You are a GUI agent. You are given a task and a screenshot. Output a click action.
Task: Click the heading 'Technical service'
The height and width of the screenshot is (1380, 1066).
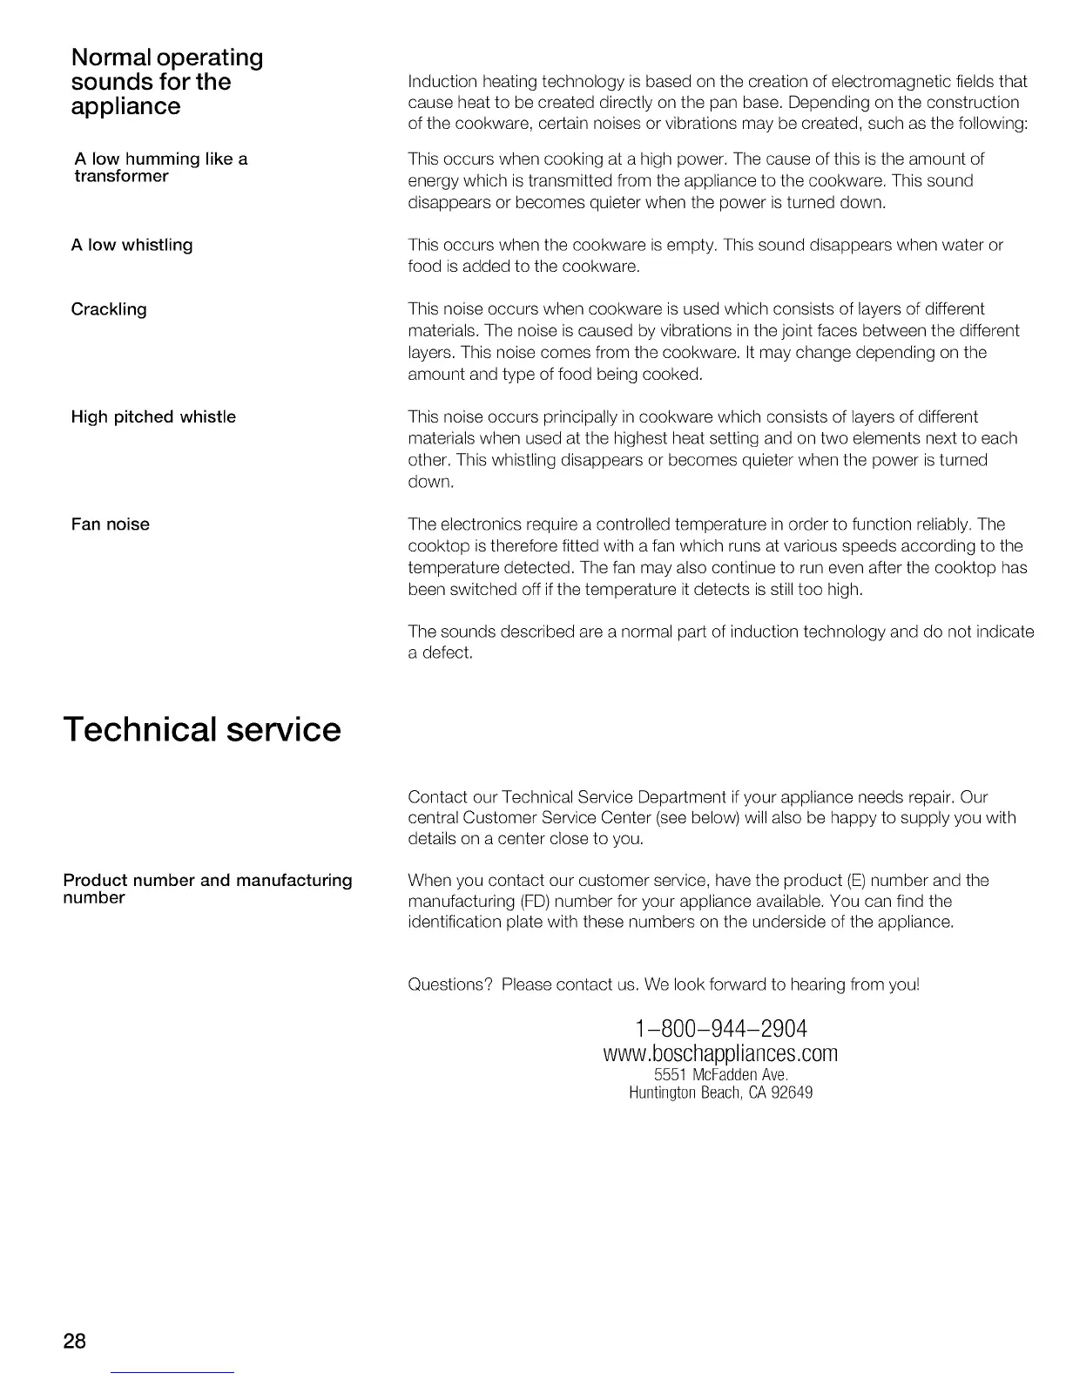pyautogui.click(x=202, y=729)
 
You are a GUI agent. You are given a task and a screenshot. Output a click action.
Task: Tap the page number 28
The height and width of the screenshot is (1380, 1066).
pyautogui.click(x=75, y=1340)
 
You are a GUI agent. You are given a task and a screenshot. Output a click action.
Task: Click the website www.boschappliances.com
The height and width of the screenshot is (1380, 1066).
pyautogui.click(x=720, y=1053)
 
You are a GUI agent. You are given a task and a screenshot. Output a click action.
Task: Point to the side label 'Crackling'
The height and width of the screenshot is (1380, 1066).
pyautogui.click(x=109, y=309)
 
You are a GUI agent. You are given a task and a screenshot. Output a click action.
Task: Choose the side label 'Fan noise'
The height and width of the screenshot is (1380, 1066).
pyautogui.click(x=111, y=524)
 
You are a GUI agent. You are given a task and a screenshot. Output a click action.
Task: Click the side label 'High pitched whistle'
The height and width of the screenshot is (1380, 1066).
pyautogui.click(x=153, y=417)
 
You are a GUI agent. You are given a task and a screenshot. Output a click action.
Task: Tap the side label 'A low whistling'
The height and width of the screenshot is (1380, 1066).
pyautogui.click(x=132, y=246)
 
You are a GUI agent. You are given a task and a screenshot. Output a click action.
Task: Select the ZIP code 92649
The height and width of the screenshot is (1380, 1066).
pyautogui.click(x=792, y=1092)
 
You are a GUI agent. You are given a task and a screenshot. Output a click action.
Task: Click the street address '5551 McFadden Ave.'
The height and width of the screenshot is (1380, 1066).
pyautogui.click(x=720, y=1075)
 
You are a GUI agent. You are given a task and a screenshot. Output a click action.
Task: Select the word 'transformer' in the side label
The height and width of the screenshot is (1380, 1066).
pyautogui.click(x=121, y=176)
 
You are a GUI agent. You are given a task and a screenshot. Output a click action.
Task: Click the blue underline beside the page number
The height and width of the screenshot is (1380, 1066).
pyautogui.click(x=173, y=1372)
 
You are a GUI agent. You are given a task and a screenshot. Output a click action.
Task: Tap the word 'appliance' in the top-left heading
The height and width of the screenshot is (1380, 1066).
pyautogui.click(x=126, y=106)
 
